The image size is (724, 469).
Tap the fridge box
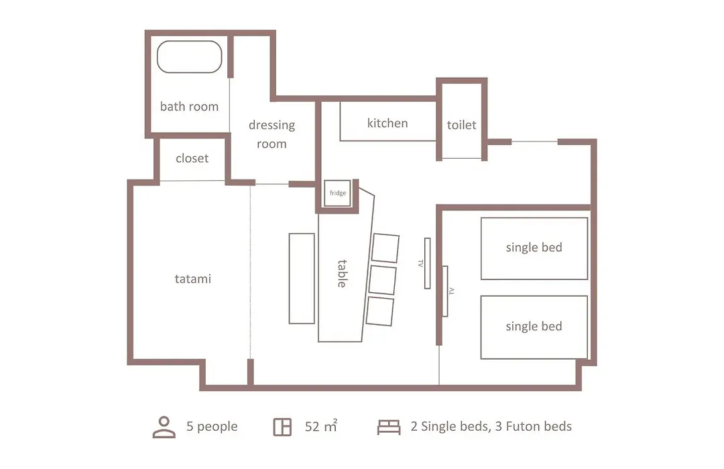337,193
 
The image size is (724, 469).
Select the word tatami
193,279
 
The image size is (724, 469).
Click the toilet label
461,125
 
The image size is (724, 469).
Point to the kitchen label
387,123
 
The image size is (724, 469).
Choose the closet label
192,158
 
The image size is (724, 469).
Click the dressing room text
272,134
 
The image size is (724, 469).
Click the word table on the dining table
342,274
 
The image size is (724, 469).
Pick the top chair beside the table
385,249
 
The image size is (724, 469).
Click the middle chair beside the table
382,280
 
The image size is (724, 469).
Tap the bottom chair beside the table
380,312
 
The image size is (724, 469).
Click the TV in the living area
428,263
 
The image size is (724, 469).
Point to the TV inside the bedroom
445,291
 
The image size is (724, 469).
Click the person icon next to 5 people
164,427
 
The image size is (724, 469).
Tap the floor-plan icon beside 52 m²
282,427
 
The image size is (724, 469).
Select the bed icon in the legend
389,427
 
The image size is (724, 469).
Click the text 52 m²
321,426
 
